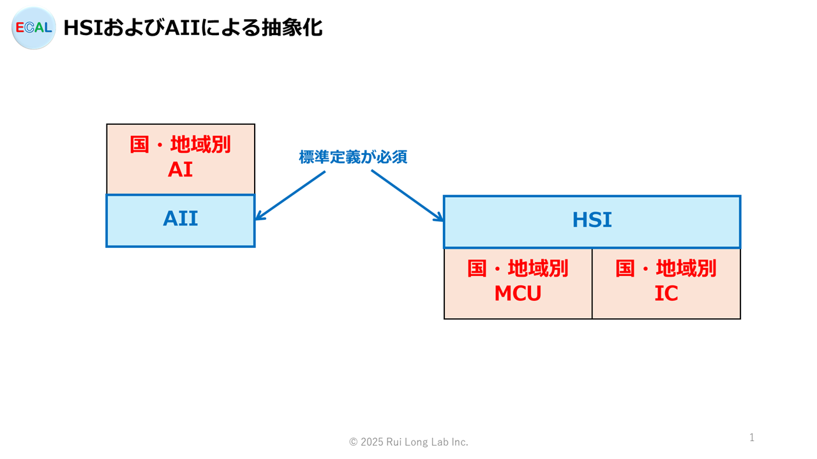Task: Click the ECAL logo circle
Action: click(34, 27)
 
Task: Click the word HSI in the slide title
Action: click(83, 27)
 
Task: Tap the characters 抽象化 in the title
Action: click(292, 27)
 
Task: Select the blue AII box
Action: click(181, 221)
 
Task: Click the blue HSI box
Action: click(592, 222)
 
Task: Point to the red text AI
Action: click(180, 170)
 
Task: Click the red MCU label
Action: click(518, 293)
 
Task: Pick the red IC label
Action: click(666, 293)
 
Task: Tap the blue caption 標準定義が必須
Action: click(353, 157)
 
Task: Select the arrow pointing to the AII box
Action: click(290, 196)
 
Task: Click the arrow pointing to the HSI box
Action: click(407, 196)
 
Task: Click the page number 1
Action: click(752, 437)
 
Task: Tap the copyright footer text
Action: click(408, 442)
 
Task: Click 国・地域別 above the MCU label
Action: click(518, 268)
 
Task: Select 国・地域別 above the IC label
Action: click(666, 268)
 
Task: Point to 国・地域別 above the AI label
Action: click(180, 144)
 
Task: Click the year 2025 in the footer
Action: click(372, 442)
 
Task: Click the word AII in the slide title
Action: click(183, 27)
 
